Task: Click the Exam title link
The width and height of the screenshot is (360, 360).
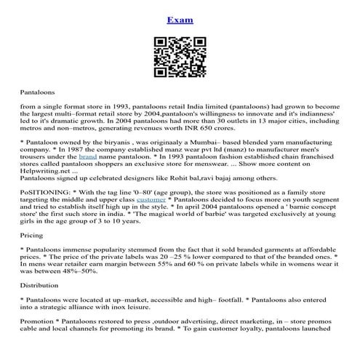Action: (180, 20)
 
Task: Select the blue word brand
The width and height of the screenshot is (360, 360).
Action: (87, 156)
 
